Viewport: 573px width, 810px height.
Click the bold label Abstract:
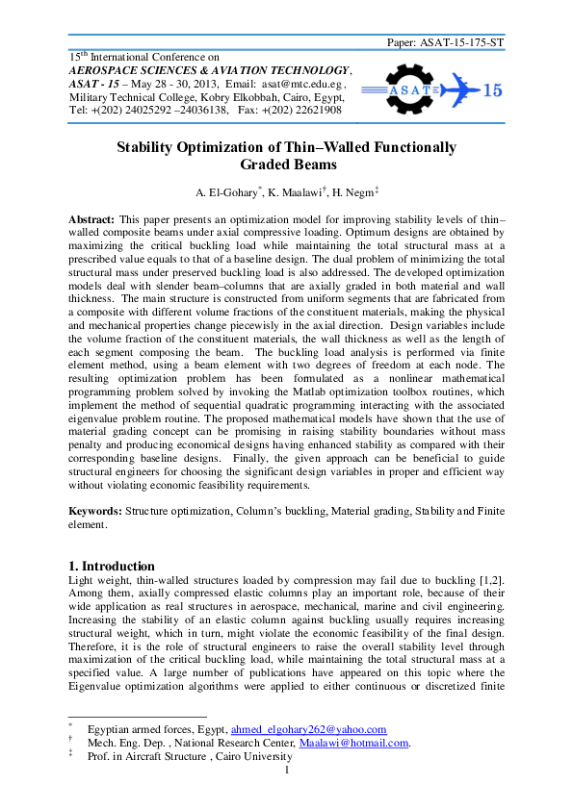[92, 220]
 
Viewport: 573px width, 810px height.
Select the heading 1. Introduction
[112, 566]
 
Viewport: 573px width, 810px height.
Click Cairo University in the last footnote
[250, 756]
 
